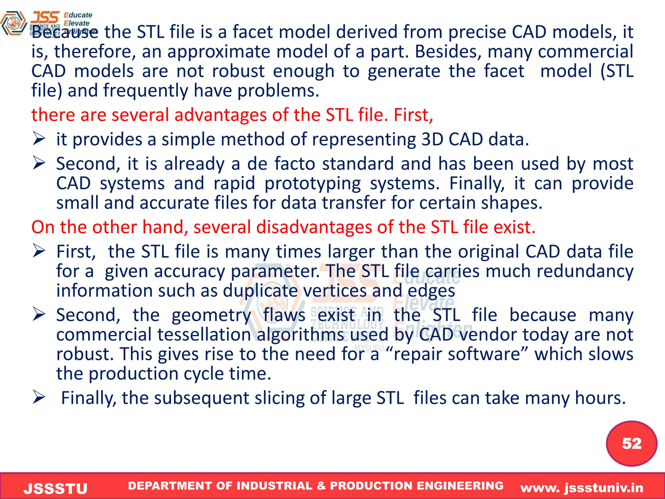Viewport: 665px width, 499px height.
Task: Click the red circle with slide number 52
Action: tap(631, 443)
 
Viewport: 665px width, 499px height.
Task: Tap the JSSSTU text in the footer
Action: tap(56, 488)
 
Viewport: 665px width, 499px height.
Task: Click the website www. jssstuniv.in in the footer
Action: tap(582, 488)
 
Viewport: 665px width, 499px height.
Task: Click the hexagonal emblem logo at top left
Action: tap(14, 23)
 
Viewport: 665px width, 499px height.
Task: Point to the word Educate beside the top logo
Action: tap(78, 15)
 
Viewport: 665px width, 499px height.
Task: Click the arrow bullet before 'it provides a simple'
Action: tap(39, 139)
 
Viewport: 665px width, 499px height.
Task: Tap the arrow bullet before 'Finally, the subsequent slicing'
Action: tap(39, 397)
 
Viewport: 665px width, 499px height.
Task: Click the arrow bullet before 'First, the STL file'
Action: tap(39, 251)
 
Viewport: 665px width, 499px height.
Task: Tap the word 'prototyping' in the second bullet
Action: tap(312, 184)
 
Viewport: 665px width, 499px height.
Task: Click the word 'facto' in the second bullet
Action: tap(295, 163)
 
